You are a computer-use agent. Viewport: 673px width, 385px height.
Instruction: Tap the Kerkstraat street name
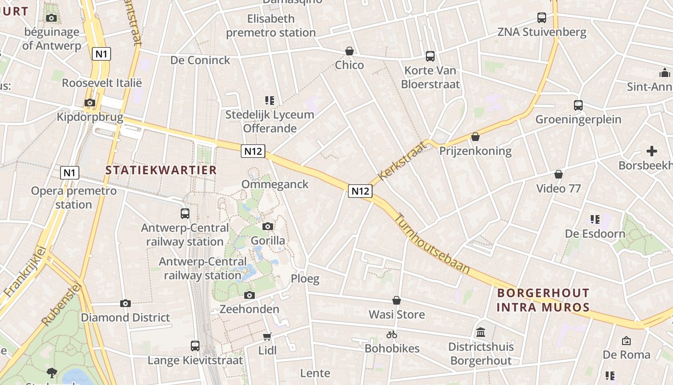click(x=402, y=160)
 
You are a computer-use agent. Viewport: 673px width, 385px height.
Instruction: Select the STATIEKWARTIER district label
click(x=161, y=170)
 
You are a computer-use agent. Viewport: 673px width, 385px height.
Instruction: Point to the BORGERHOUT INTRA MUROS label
click(x=543, y=300)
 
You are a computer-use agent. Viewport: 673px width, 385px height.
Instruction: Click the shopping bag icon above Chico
click(x=349, y=51)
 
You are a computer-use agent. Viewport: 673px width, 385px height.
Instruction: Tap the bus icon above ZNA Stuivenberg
click(x=542, y=18)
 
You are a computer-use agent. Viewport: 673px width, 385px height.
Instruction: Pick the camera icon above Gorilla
click(x=268, y=226)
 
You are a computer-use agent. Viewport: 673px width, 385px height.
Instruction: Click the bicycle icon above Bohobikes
click(x=392, y=334)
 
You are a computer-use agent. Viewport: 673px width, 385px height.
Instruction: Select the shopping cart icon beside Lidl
click(x=267, y=336)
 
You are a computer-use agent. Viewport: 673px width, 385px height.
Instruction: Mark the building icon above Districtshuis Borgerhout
click(x=481, y=332)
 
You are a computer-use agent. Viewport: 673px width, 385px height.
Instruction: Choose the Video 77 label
click(x=559, y=188)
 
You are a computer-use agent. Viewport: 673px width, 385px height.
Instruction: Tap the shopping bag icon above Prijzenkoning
click(x=475, y=137)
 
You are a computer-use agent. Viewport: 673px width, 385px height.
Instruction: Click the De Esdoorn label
click(x=595, y=234)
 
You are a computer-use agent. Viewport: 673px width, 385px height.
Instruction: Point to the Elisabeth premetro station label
click(x=271, y=26)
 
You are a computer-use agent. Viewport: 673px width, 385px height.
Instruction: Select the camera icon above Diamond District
click(x=125, y=303)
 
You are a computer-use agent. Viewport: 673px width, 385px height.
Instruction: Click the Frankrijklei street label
click(x=24, y=271)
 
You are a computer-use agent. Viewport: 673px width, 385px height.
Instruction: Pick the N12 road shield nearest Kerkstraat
click(x=360, y=191)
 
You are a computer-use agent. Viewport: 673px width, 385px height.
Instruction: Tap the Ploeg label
click(x=305, y=279)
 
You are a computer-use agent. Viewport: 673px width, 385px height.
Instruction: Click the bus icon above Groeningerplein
click(x=578, y=105)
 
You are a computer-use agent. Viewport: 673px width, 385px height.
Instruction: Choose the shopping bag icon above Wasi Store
click(x=397, y=300)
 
